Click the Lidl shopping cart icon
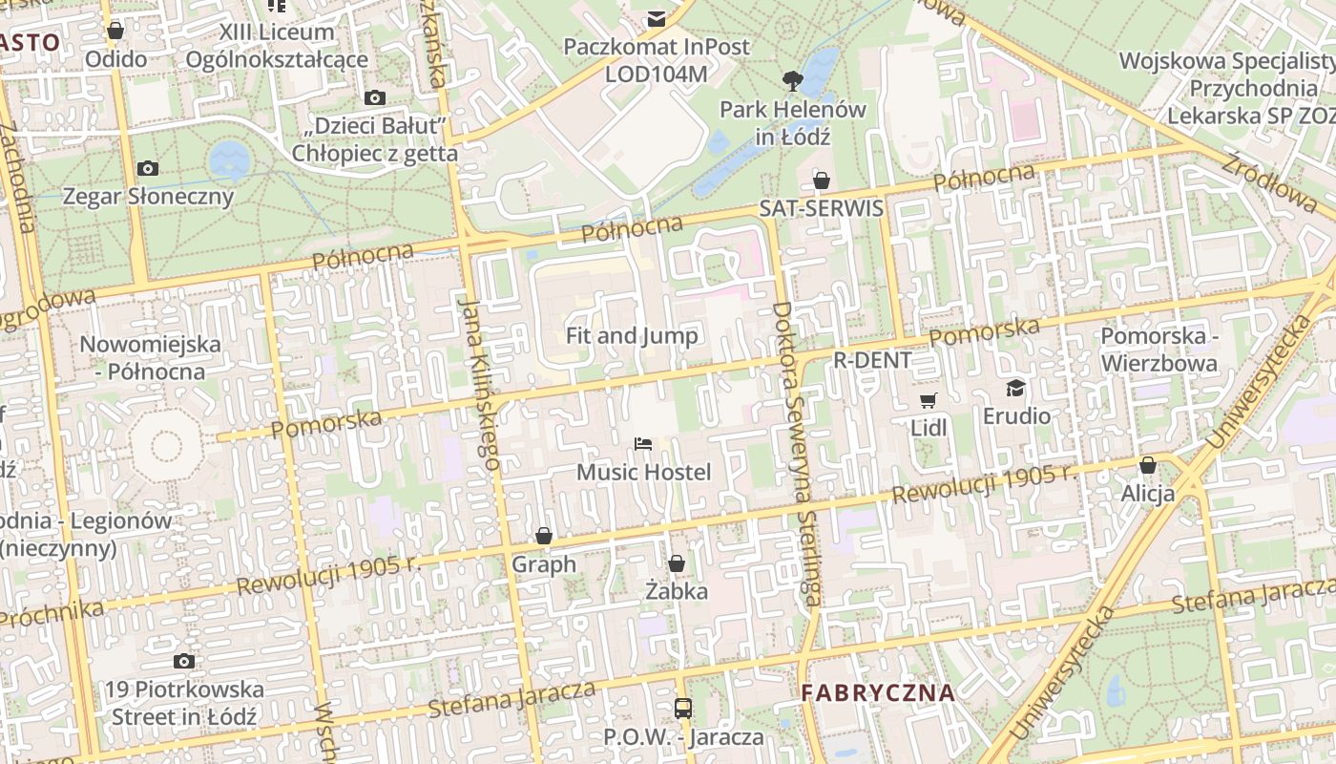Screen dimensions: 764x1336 tap(928, 400)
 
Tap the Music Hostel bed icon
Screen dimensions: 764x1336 tap(643, 444)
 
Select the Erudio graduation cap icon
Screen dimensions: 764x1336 tap(1016, 388)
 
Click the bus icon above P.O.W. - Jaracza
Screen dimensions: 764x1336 tap(683, 709)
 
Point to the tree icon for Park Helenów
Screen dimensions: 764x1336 tap(792, 81)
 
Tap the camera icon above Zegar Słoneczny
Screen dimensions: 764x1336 tap(148, 169)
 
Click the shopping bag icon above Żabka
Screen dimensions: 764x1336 tap(677, 564)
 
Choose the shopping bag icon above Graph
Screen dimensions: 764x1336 tap(544, 537)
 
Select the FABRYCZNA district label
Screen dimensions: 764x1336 tap(877, 692)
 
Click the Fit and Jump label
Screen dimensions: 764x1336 tap(632, 335)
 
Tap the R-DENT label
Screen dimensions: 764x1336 tap(872, 360)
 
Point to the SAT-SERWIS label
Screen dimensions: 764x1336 tap(821, 208)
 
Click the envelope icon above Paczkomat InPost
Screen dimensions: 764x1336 tap(657, 19)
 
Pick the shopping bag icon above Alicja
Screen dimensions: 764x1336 tap(1148, 466)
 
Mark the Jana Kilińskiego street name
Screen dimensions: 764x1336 tap(480, 383)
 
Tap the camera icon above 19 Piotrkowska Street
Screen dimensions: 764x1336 tap(184, 662)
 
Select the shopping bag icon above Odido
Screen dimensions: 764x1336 tap(115, 32)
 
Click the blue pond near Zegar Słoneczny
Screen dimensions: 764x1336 tap(229, 159)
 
